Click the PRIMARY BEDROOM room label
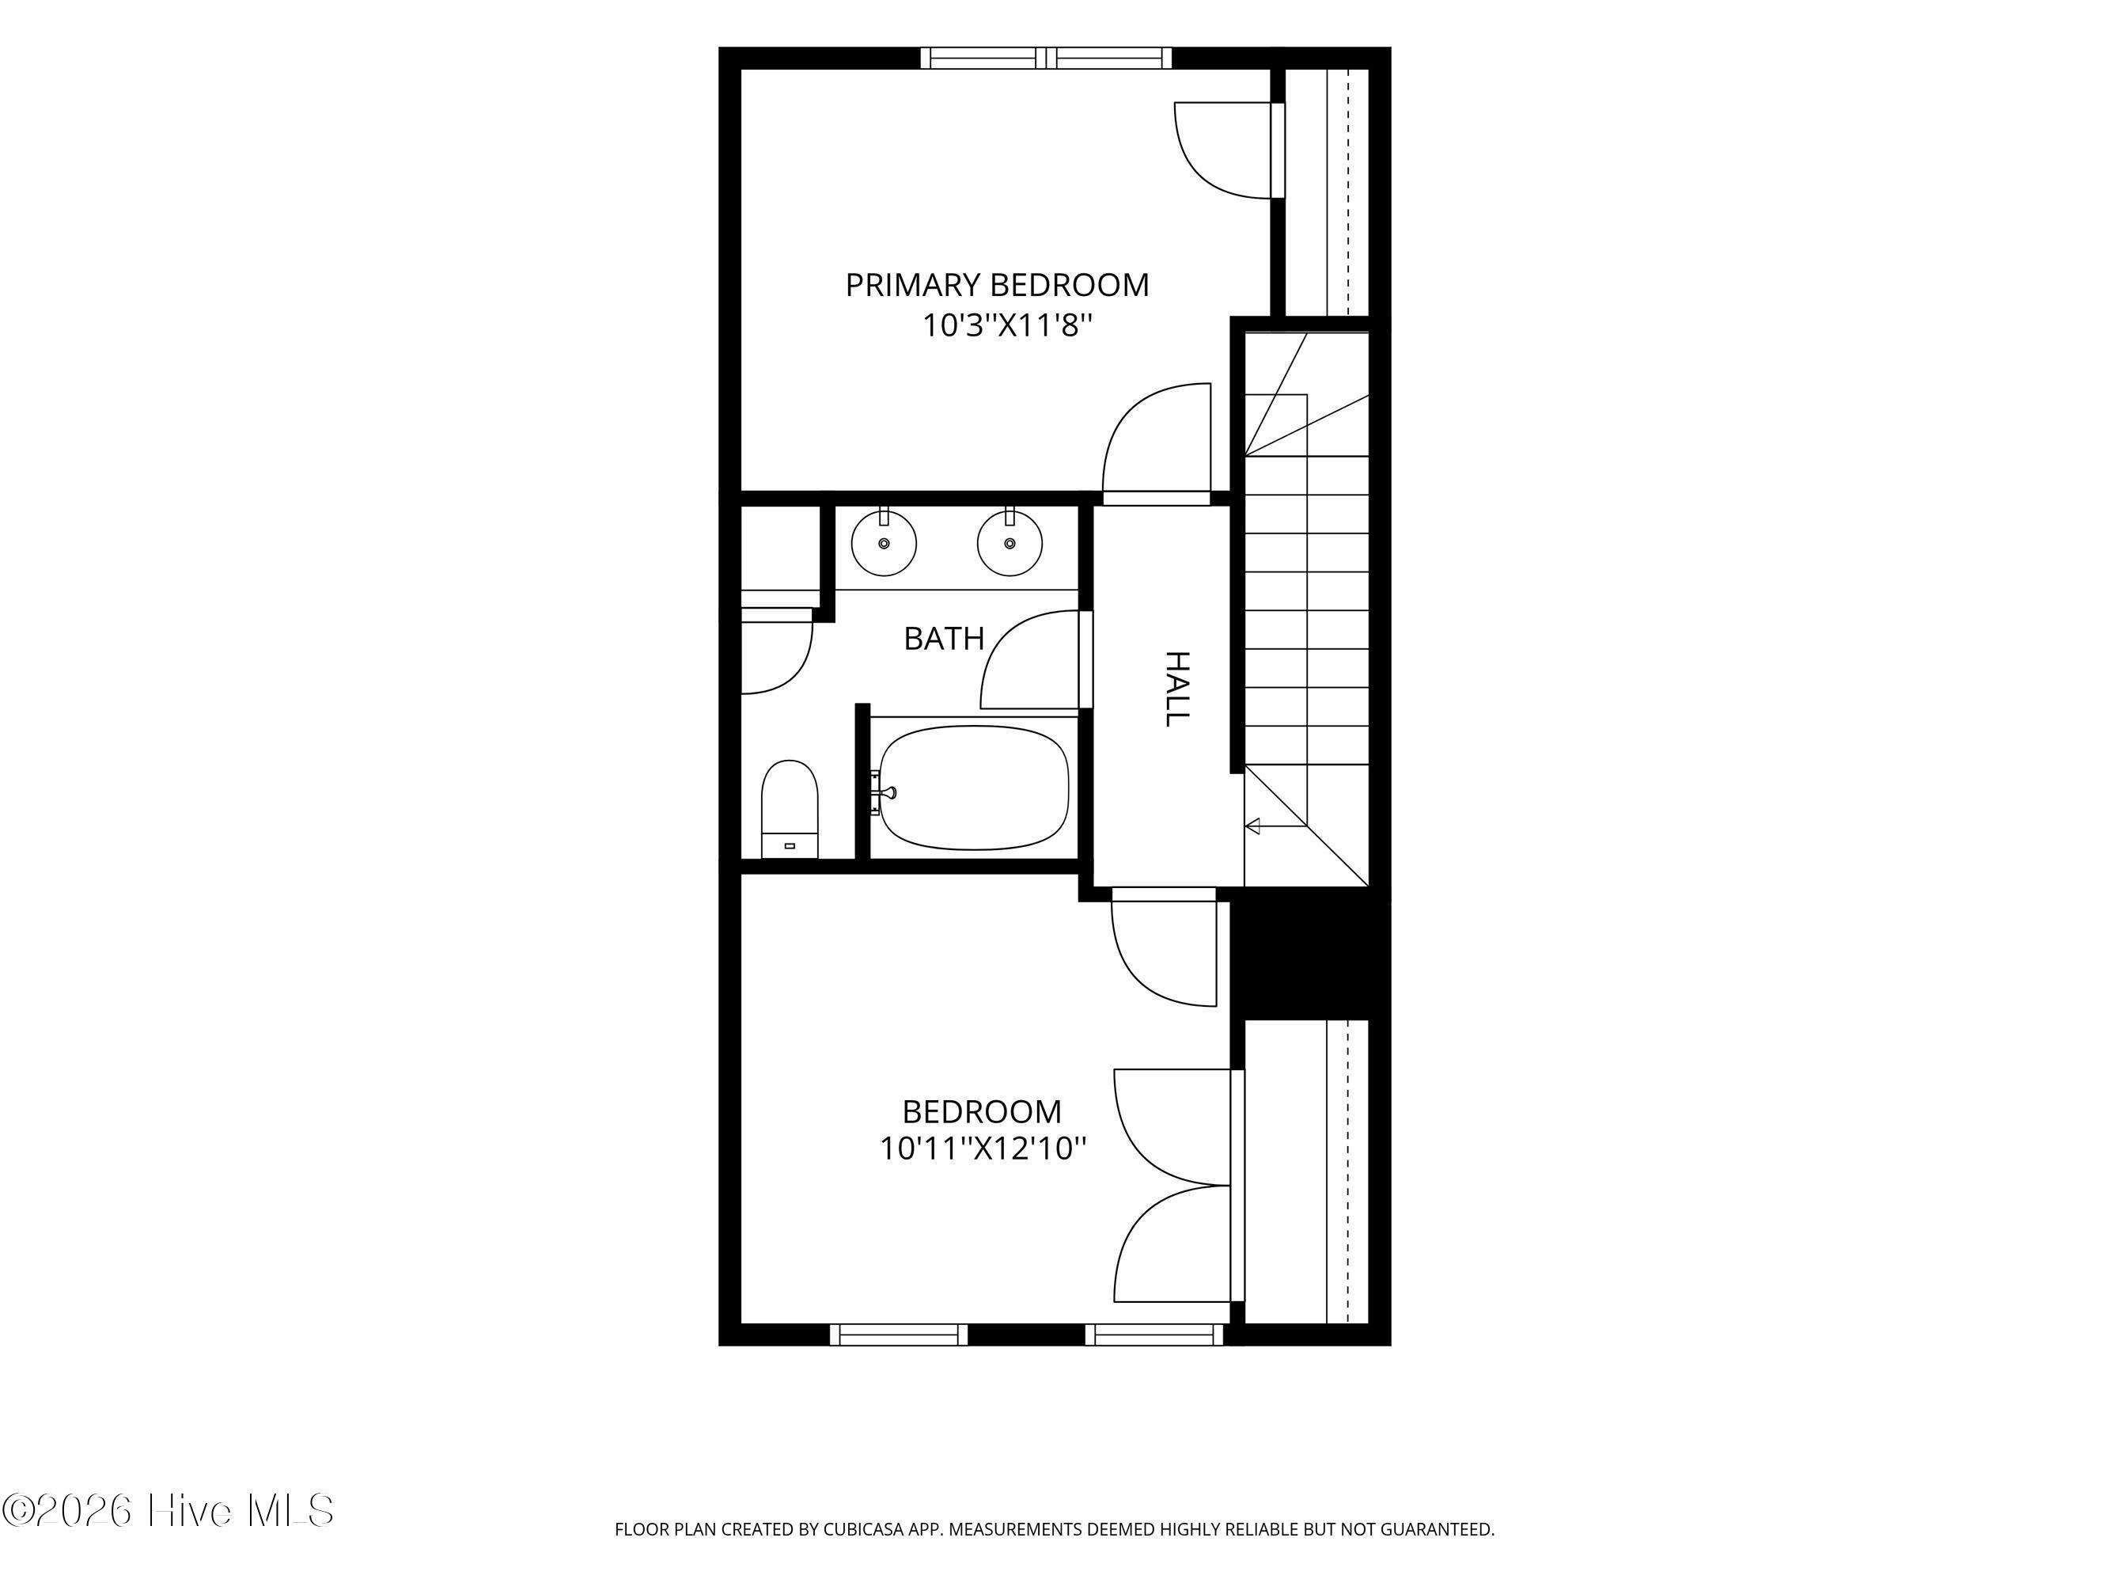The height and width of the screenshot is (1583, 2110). click(997, 285)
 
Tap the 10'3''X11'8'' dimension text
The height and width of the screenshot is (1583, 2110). click(1006, 326)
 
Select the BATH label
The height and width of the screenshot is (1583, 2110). click(943, 639)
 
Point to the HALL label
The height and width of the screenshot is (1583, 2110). click(1179, 689)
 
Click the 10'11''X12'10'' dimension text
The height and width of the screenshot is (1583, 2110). click(983, 1148)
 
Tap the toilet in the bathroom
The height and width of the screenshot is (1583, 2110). click(790, 809)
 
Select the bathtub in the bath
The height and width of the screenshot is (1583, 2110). click(973, 788)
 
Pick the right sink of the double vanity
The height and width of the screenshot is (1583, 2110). click(1010, 542)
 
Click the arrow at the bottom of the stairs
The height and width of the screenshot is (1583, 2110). click(1275, 826)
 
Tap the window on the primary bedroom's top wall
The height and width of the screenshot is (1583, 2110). click(1047, 59)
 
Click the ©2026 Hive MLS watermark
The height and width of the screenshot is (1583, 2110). click(168, 1510)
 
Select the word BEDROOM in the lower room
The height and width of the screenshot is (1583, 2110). click(982, 1111)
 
